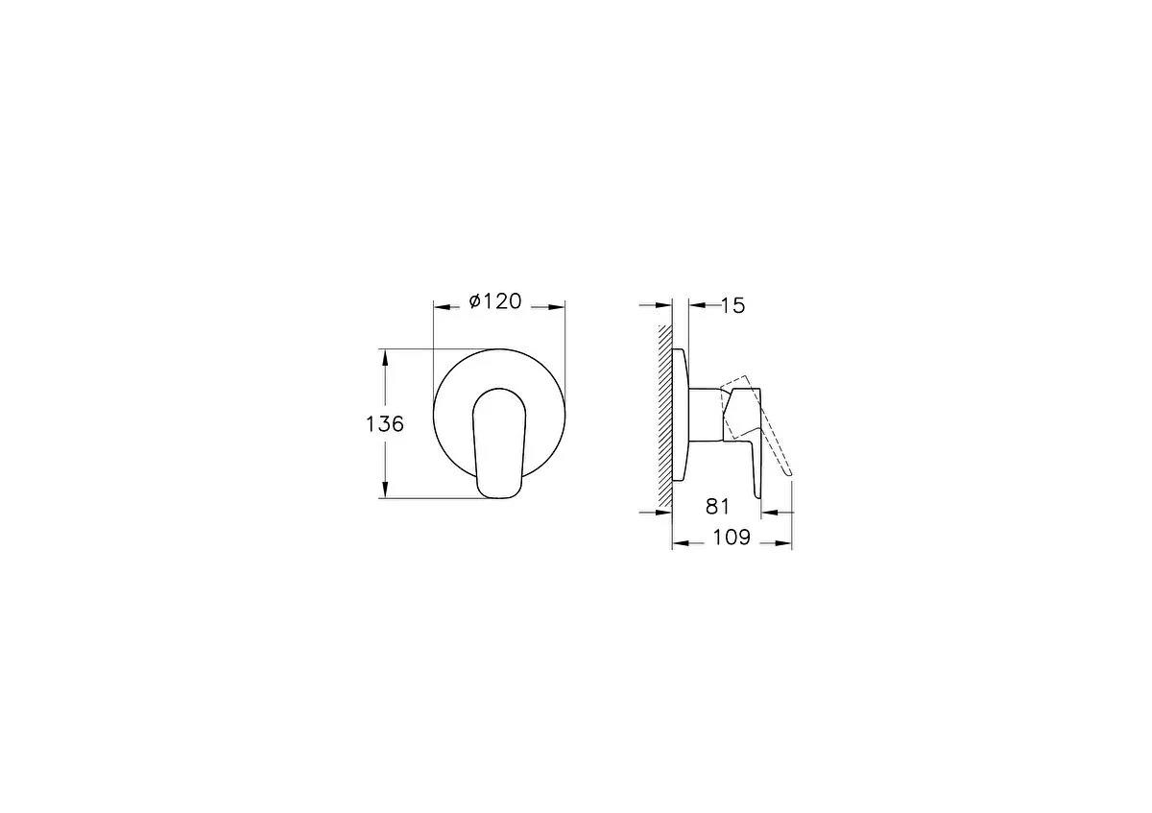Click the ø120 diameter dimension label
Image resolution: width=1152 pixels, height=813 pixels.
pyautogui.click(x=495, y=302)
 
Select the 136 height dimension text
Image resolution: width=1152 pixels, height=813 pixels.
pyautogui.click(x=385, y=423)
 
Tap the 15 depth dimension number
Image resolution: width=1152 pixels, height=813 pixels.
pyautogui.click(x=732, y=305)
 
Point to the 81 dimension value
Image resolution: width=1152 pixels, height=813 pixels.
pyautogui.click(x=718, y=506)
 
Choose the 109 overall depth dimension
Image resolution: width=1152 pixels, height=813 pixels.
pyautogui.click(x=731, y=538)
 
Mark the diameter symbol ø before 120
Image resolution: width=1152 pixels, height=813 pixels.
pyautogui.click(x=475, y=302)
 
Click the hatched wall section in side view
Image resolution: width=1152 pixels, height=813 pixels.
pyautogui.click(x=664, y=413)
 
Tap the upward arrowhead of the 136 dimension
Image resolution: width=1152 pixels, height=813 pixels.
pyautogui.click(x=385, y=355)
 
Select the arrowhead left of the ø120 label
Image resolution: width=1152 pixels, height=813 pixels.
pyautogui.click(x=443, y=307)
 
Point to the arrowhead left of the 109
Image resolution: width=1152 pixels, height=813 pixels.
pyautogui.click(x=679, y=543)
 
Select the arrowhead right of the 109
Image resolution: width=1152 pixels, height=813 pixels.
pyautogui.click(x=785, y=543)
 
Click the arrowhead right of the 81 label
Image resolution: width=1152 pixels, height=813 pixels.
pyautogui.click(x=785, y=514)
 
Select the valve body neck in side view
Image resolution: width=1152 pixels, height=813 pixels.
pyautogui.click(x=706, y=415)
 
